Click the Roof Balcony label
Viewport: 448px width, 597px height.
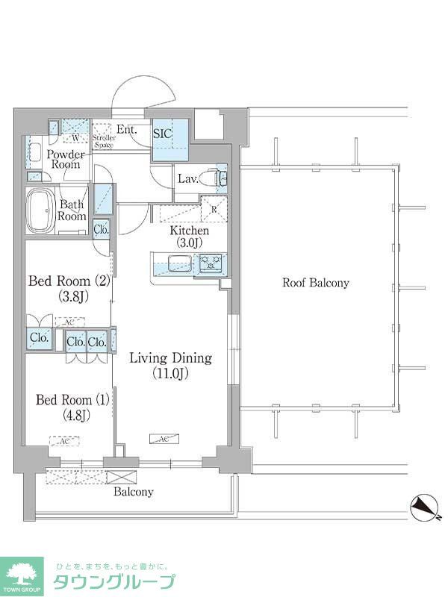point(315,283)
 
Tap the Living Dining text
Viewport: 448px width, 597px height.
point(170,366)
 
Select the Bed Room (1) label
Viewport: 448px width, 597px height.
point(72,407)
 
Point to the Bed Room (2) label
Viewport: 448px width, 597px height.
point(69,288)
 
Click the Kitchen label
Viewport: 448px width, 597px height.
point(188,237)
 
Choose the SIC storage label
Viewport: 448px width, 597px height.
point(163,134)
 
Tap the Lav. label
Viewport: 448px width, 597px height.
point(187,179)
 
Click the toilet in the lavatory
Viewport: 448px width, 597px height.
point(217,179)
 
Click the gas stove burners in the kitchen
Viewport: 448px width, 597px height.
point(210,263)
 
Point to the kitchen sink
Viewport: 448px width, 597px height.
point(179,263)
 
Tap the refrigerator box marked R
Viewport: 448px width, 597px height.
point(214,209)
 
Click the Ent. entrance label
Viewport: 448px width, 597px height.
point(128,130)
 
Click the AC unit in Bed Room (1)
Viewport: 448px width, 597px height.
point(64,442)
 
